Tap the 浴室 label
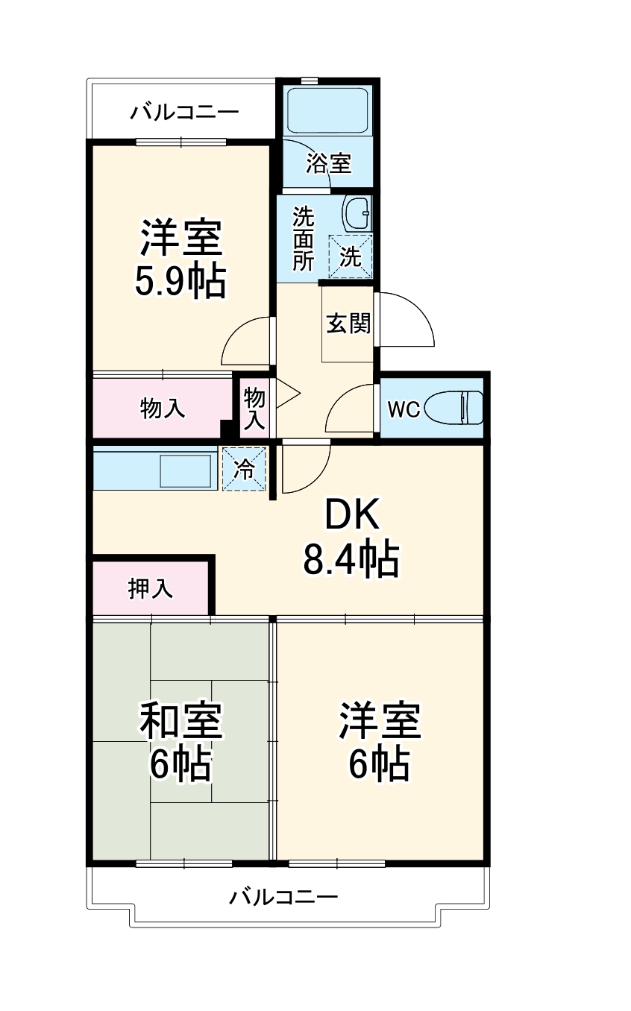(x=328, y=163)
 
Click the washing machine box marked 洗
(x=351, y=256)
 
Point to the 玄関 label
(x=348, y=324)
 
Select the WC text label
(x=404, y=409)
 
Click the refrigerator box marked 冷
(x=245, y=469)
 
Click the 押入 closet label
(x=151, y=588)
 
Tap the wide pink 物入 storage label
(x=163, y=408)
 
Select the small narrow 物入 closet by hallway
(x=254, y=408)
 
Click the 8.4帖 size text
(x=351, y=559)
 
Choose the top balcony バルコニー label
(x=185, y=113)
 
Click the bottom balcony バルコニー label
(x=283, y=895)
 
